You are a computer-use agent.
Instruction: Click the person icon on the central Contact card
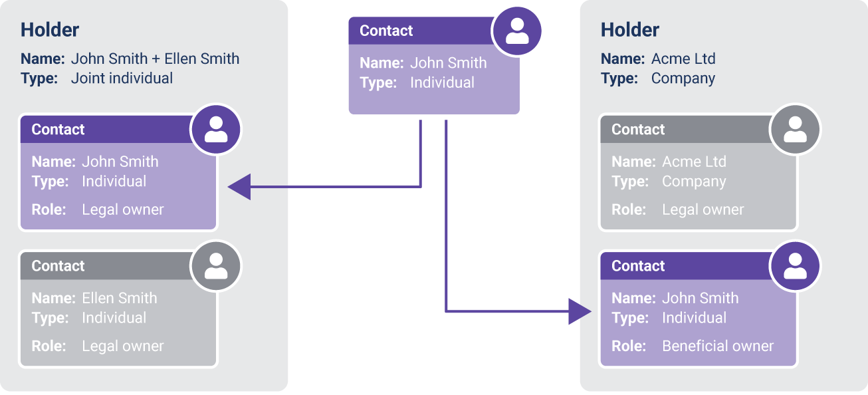[x=516, y=31]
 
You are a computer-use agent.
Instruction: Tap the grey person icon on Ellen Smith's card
[x=215, y=266]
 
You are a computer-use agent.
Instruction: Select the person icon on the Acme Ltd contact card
[x=795, y=130]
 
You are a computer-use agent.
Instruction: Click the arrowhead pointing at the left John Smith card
[x=239, y=187]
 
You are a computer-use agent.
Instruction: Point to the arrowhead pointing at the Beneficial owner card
[x=580, y=311]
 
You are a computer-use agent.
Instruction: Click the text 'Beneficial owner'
[x=718, y=346]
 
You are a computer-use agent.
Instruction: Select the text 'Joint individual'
[x=122, y=78]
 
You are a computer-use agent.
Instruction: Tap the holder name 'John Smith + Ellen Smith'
[x=155, y=59]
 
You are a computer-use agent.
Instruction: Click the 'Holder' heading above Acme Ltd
[x=630, y=30]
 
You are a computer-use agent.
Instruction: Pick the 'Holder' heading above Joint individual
[x=50, y=30]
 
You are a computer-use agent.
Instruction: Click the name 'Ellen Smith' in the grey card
[x=120, y=298]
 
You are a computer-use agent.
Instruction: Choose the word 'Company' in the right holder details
[x=683, y=78]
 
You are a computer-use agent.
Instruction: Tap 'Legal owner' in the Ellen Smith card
[x=122, y=346]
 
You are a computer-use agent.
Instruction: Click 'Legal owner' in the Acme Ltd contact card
[x=703, y=210]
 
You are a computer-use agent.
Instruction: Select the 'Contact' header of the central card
[x=386, y=31]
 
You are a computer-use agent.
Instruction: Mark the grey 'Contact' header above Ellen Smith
[x=58, y=266]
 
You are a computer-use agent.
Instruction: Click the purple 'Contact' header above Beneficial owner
[x=638, y=266]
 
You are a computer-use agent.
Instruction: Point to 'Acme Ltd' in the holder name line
[x=683, y=59]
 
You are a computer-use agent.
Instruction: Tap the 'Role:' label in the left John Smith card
[x=49, y=210]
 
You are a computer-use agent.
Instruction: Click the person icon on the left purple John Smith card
[x=215, y=130]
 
